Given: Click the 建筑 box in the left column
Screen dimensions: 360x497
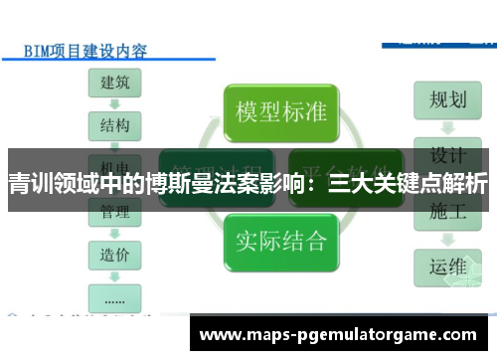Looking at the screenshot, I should click(x=114, y=84).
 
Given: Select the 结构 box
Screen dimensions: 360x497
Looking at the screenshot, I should click(x=114, y=125).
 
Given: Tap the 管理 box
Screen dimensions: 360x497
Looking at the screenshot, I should click(x=114, y=211).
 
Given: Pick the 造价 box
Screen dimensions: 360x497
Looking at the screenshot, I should click(x=114, y=254).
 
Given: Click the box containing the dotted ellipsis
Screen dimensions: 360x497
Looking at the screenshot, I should click(x=114, y=295).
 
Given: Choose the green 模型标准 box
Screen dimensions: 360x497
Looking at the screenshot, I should click(x=281, y=110).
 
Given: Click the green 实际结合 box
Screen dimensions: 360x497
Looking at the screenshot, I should click(x=281, y=239).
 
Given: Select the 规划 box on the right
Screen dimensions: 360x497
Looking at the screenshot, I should click(x=448, y=100).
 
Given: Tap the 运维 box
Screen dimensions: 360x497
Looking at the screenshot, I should click(x=448, y=267).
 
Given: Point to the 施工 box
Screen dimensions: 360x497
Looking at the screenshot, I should click(x=448, y=211).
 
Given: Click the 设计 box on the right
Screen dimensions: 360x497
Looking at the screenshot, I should click(x=448, y=155).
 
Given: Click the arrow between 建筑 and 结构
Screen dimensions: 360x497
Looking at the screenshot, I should click(x=114, y=104).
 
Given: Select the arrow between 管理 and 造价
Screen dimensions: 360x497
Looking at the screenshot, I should click(x=114, y=233).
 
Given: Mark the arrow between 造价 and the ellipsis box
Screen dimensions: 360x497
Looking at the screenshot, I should click(x=114, y=274).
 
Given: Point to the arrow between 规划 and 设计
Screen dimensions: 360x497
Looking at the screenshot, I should click(x=448, y=128).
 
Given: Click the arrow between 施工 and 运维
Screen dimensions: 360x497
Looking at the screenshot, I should click(x=448, y=239).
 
